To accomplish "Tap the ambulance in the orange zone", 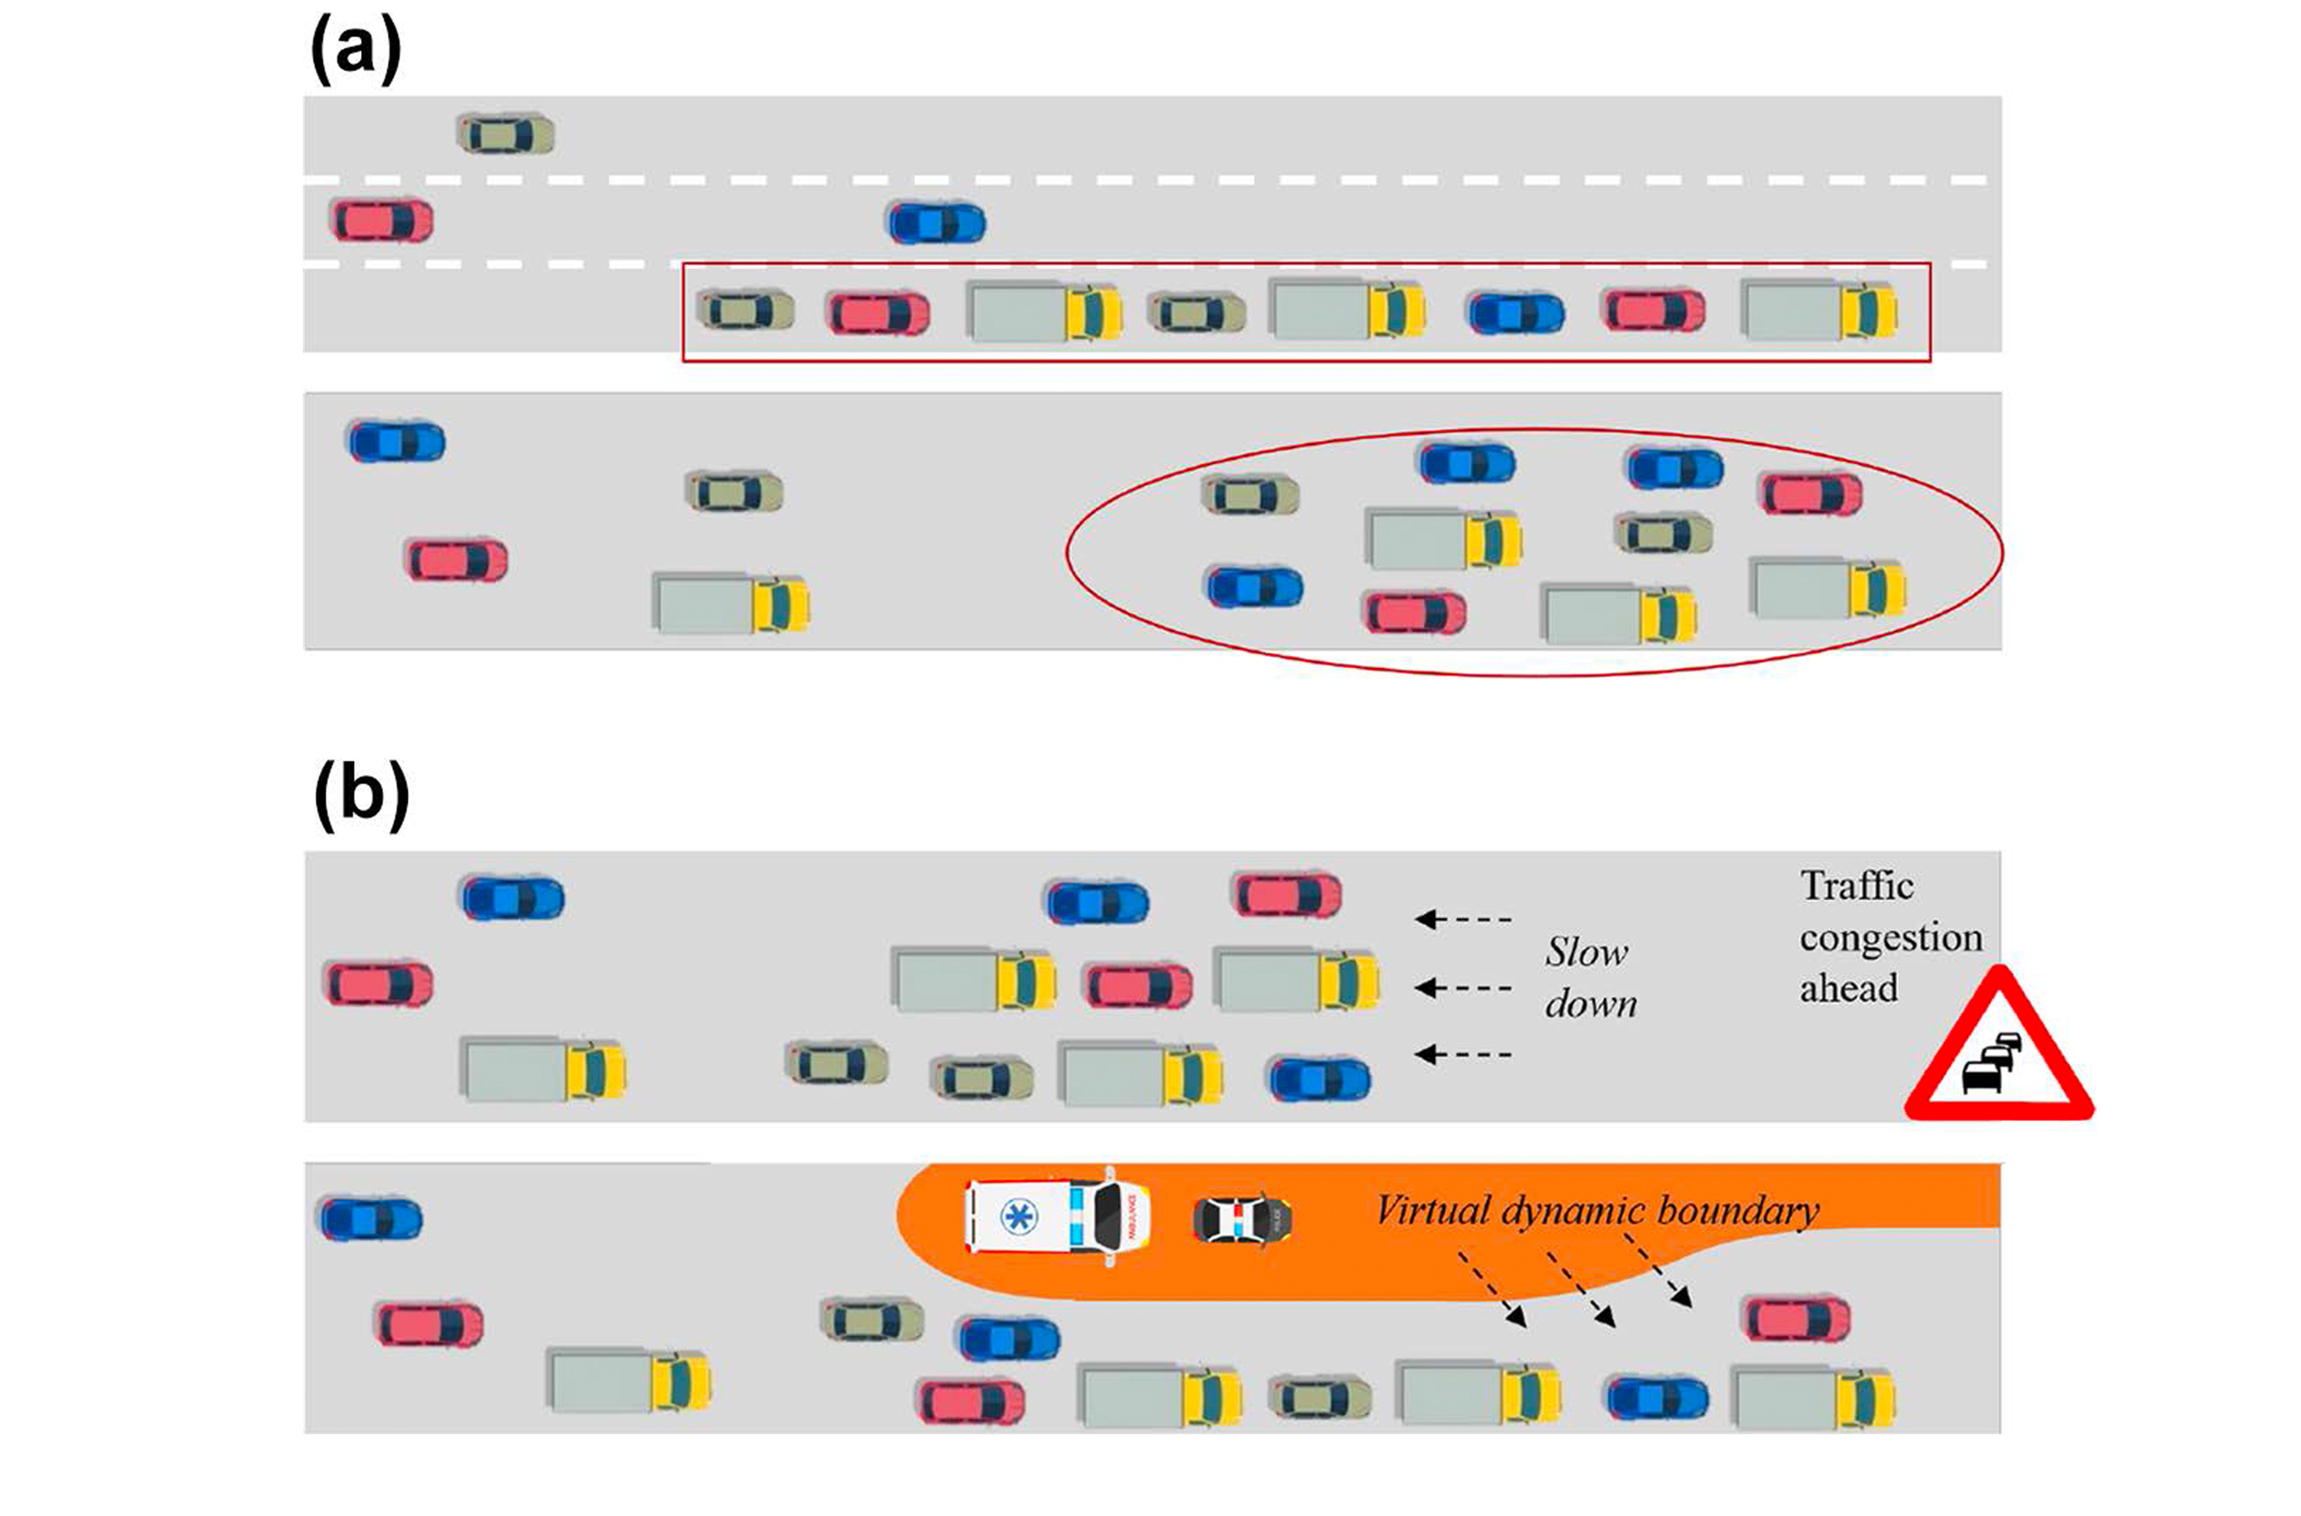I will (1058, 1215).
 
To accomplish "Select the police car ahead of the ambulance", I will (1242, 1219).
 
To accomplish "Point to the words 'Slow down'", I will (1589, 978).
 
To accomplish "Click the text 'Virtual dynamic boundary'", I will (1596, 1212).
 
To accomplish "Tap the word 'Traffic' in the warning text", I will (1856, 886).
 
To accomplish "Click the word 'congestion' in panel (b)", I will (1890, 938).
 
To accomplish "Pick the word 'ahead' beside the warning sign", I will (1848, 989).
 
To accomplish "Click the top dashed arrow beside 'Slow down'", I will (1462, 918).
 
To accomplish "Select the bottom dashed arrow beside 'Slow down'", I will (1462, 1054).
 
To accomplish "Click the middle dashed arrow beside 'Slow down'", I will (1462, 988).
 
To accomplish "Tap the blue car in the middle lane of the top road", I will (936, 224).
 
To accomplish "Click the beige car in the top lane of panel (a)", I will (505, 135).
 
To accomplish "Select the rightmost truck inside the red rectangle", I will (1817, 311).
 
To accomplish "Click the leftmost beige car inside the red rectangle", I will (746, 311).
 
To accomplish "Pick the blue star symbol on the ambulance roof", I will (1018, 1216).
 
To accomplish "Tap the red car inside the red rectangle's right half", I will (1655, 311).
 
